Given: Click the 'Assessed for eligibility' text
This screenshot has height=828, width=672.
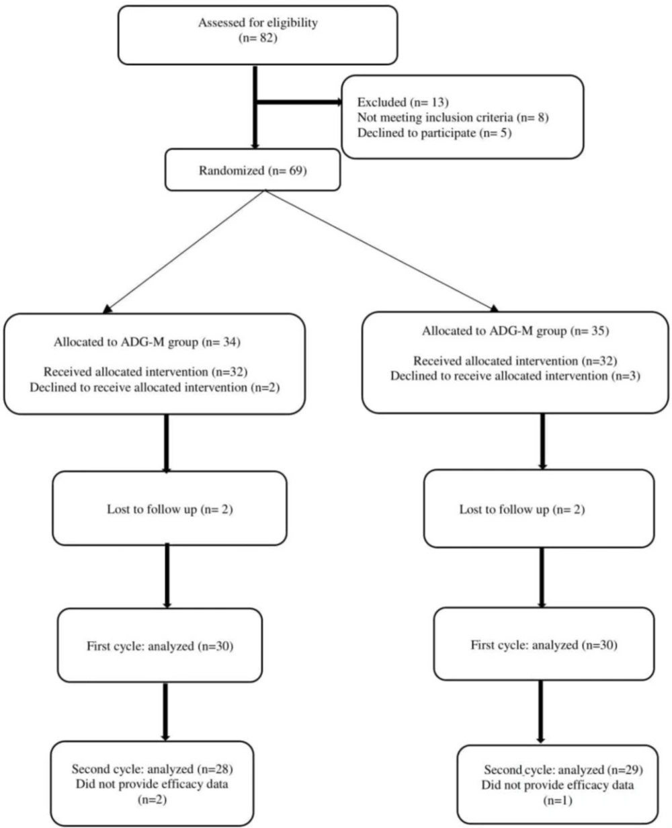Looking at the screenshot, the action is [258, 23].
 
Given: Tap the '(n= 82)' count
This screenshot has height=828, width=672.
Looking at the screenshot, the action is [258, 38].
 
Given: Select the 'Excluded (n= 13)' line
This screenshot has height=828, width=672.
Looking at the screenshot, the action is [403, 102].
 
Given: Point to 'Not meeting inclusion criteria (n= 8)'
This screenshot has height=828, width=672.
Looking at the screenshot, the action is [453, 118].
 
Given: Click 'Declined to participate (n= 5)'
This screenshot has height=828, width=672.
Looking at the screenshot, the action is [435, 133].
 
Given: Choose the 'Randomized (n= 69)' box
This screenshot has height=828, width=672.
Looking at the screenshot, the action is [253, 170].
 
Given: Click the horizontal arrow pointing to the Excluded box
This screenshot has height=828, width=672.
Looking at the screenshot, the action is [298, 103].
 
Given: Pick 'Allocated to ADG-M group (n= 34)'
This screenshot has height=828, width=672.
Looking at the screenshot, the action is [147, 342].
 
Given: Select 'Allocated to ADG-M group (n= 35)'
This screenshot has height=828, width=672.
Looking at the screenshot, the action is [515, 331].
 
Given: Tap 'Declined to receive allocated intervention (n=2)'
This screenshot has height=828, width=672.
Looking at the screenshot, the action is [155, 388].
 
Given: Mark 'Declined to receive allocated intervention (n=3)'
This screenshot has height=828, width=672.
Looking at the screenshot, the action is [515, 376].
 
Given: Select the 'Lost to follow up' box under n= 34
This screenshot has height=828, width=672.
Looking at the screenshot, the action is [170, 508].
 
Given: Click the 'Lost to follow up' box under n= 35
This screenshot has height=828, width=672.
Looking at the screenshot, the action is [539, 509].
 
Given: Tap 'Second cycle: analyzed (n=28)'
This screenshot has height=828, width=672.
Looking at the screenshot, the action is [153, 769].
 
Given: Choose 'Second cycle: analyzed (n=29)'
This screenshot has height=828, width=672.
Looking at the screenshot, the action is [564, 770].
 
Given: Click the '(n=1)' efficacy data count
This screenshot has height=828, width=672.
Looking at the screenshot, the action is [558, 801].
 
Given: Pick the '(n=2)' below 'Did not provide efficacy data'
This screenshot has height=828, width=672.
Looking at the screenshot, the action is [153, 800].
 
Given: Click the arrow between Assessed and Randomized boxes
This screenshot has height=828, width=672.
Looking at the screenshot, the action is [255, 108].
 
